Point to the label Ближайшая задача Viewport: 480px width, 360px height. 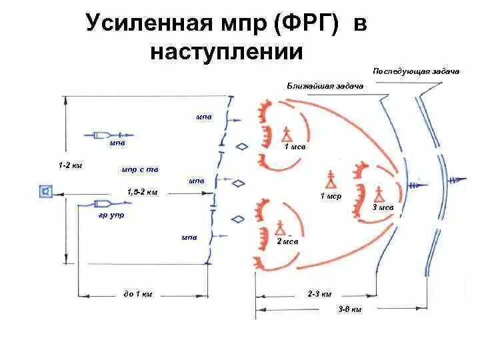pos(325,85)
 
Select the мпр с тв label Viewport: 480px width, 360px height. pos(140,169)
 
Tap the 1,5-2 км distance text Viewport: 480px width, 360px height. pos(142,192)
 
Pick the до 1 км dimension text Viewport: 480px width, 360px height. pos(138,293)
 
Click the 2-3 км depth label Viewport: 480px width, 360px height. pos(319,293)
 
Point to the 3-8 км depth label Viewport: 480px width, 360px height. pos(350,310)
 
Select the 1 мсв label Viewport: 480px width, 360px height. pos(294,147)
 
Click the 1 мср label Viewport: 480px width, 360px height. pos(331,196)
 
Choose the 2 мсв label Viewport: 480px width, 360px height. pos(287,241)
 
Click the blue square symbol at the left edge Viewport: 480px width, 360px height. pos(46,192)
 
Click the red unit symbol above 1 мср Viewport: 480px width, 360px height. pos(330,179)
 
